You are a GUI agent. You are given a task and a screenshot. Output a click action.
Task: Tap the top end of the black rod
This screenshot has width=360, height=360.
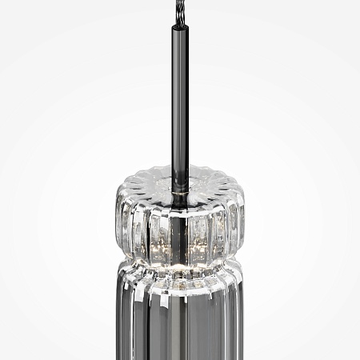click(179, 28)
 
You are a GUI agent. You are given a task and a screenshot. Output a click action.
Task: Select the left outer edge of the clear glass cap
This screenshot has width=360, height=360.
click(117, 220)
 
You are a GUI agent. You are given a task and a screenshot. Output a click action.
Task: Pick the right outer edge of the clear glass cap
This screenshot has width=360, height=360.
click(244, 220)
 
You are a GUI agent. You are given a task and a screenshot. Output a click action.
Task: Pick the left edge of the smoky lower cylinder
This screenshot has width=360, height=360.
click(118, 320)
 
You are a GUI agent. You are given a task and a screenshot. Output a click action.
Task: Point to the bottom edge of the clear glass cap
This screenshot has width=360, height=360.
click(180, 254)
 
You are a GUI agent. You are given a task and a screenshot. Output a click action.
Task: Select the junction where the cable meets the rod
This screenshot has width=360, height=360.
click(178, 25)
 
